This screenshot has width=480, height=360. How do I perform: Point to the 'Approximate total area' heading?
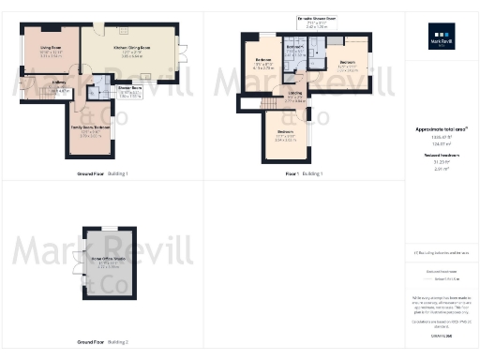click(x=442, y=128)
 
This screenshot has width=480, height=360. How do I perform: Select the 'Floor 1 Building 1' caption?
click(x=305, y=174)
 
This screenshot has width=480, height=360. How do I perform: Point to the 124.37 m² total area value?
click(x=442, y=143)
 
